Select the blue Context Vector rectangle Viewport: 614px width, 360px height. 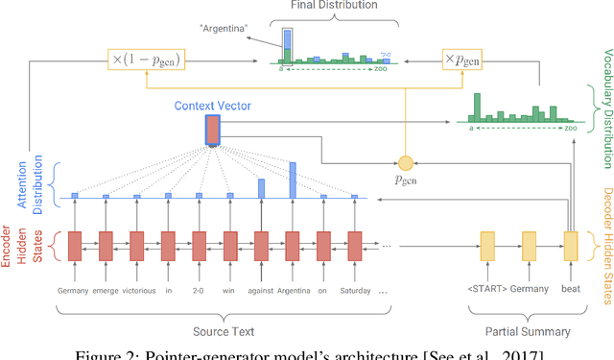point(212,129)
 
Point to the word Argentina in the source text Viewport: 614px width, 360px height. point(293,289)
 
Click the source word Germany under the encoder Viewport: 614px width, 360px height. point(74,289)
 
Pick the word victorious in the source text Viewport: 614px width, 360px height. point(135,289)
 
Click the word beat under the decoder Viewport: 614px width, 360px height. point(571,289)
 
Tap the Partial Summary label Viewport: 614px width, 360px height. point(528,331)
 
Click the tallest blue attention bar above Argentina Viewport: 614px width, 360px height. point(293,179)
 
